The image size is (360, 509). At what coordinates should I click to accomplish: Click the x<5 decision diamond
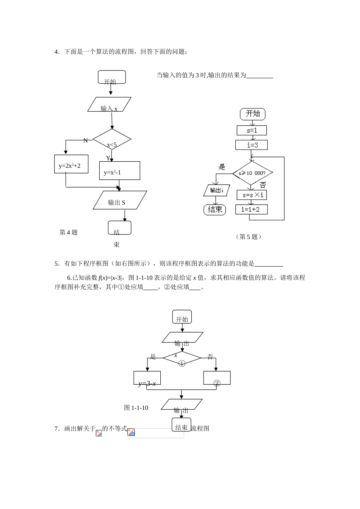point(112,140)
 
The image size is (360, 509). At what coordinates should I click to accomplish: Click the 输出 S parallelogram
point(120,200)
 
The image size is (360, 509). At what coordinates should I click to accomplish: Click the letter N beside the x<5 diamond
point(85,141)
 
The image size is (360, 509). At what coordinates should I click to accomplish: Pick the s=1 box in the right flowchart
point(252,130)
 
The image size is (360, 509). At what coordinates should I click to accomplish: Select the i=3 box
point(252,145)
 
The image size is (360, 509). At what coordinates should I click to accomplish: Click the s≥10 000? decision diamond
point(252,173)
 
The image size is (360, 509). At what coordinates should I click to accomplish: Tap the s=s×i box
point(252,195)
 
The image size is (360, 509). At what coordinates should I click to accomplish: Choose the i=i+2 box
point(252,209)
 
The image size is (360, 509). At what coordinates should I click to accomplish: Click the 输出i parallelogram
point(216,190)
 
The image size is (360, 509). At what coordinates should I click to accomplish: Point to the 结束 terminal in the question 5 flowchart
point(215,209)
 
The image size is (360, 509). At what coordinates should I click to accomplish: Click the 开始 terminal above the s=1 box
point(253,114)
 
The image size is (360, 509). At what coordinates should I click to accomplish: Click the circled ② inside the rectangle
point(217,383)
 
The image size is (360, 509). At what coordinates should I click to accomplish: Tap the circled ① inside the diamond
point(182,363)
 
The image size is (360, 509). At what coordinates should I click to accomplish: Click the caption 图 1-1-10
point(136,408)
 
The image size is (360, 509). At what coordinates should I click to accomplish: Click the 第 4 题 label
point(69,233)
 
